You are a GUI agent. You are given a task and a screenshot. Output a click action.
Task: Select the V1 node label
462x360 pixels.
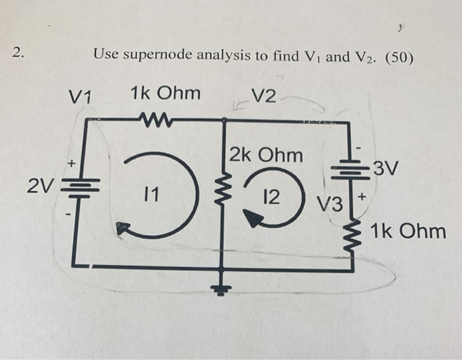(x=82, y=98)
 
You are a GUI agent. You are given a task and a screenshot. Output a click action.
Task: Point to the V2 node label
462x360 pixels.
(x=265, y=96)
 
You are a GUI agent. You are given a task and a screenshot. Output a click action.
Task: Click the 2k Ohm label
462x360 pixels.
(x=267, y=156)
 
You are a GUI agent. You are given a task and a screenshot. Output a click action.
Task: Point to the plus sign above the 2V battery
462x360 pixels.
(x=73, y=161)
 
